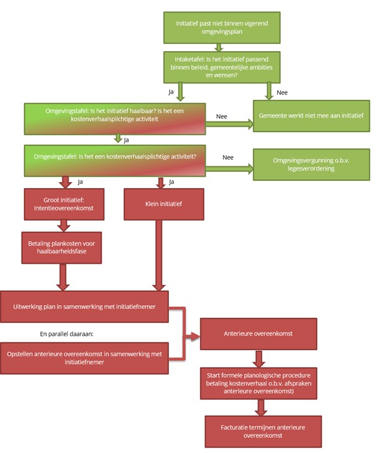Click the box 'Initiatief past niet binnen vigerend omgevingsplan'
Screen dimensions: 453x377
pyautogui.click(x=222, y=26)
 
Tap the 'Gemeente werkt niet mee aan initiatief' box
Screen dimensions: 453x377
pyautogui.click(x=310, y=115)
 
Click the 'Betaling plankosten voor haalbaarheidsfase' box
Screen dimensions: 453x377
pyautogui.click(x=62, y=247)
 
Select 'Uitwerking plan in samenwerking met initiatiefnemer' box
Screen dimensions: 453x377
pyautogui.click(x=85, y=306)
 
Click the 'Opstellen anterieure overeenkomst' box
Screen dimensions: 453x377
pyautogui.click(x=85, y=357)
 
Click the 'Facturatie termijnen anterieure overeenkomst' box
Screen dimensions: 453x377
pyautogui.click(x=263, y=430)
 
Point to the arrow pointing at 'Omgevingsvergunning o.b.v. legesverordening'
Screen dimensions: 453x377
pyautogui.click(x=228, y=169)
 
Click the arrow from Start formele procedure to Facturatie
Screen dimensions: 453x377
pyautogui.click(x=260, y=408)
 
